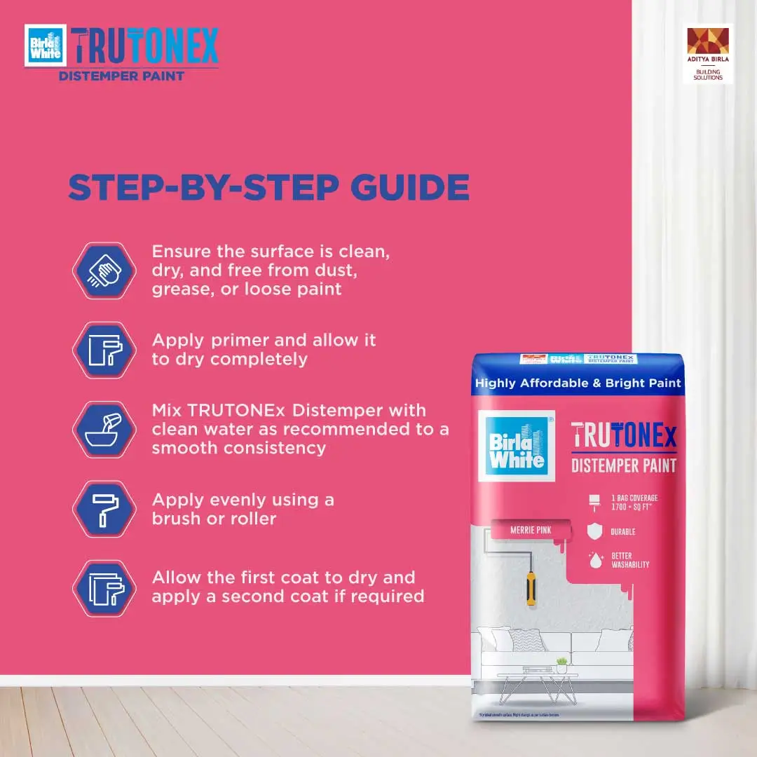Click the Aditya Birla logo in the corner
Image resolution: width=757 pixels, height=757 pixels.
pyautogui.click(x=707, y=54)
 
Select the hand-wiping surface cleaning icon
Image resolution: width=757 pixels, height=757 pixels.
pyautogui.click(x=104, y=271)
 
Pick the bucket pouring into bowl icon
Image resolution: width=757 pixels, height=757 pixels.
pyautogui.click(x=104, y=430)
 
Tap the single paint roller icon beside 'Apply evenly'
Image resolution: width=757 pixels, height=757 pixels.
pyautogui.click(x=104, y=509)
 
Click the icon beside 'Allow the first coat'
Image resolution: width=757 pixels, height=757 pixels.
pyautogui.click(x=104, y=588)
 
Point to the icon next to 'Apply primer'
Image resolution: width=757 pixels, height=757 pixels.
pyautogui.click(x=104, y=350)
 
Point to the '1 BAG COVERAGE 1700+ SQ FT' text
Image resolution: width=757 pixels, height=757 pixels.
pyautogui.click(x=634, y=502)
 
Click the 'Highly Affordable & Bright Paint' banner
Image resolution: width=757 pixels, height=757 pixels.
pyautogui.click(x=578, y=383)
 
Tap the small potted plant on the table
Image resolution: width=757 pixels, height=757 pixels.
pyautogui.click(x=561, y=664)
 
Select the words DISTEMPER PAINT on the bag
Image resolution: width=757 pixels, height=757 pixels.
pyautogui.click(x=624, y=465)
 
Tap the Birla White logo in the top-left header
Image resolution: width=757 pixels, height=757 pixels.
pyautogui.click(x=46, y=46)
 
